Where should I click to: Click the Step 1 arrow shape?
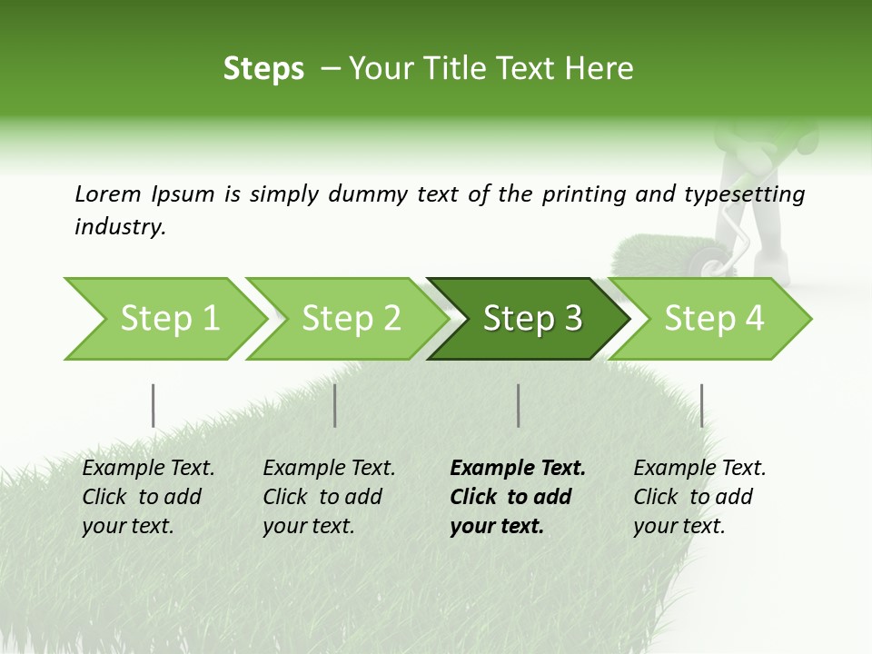(163, 319)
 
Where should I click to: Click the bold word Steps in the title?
(263, 69)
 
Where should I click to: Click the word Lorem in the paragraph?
(108, 194)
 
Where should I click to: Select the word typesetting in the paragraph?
(748, 194)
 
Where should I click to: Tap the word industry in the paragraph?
(120, 227)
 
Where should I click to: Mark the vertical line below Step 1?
(153, 405)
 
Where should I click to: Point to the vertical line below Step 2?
(335, 405)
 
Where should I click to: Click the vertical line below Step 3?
(519, 405)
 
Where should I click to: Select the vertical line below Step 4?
(701, 405)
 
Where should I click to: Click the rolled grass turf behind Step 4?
(650, 254)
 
